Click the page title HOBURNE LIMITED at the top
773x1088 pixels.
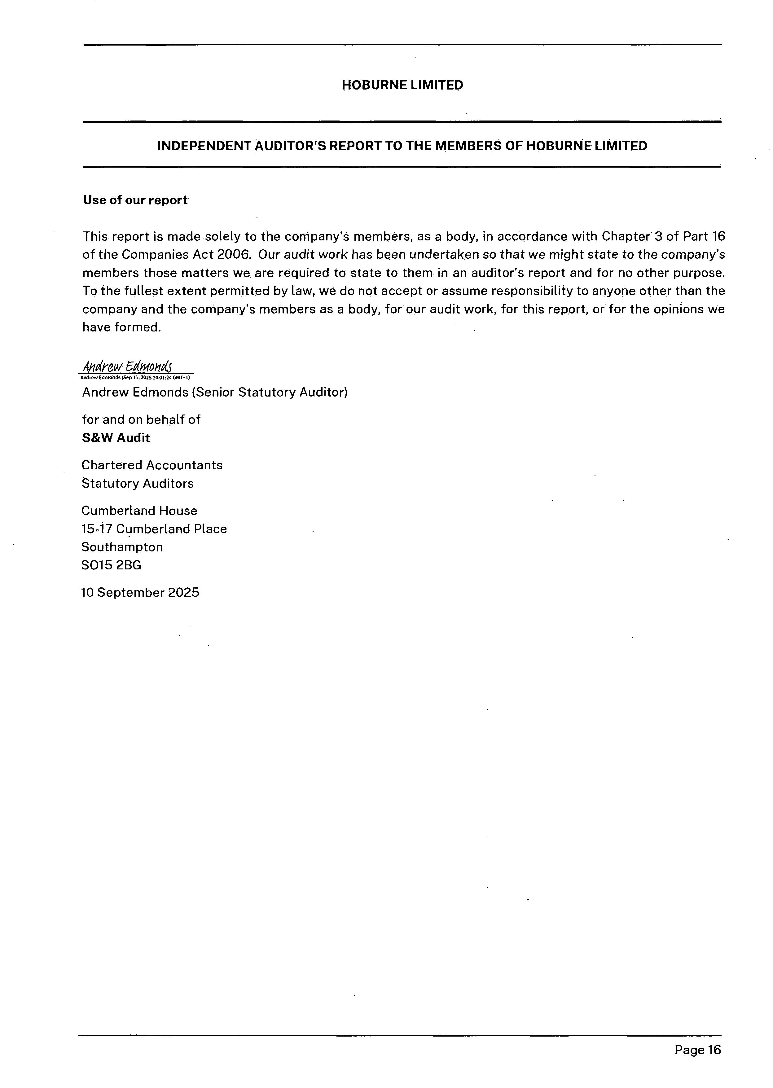click(x=402, y=85)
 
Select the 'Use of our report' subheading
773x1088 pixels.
click(x=135, y=200)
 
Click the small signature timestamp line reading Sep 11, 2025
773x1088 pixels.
click(x=135, y=377)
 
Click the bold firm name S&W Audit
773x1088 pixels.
click(x=116, y=438)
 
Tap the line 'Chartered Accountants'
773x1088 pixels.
click(x=152, y=465)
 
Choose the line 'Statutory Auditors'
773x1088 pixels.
click(x=138, y=484)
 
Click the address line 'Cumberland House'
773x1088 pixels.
click(x=139, y=511)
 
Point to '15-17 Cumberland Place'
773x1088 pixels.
click(x=154, y=529)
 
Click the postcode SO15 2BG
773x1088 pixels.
click(x=112, y=565)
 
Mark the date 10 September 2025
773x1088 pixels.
click(x=140, y=593)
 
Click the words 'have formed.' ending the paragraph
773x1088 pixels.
click(x=122, y=327)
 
